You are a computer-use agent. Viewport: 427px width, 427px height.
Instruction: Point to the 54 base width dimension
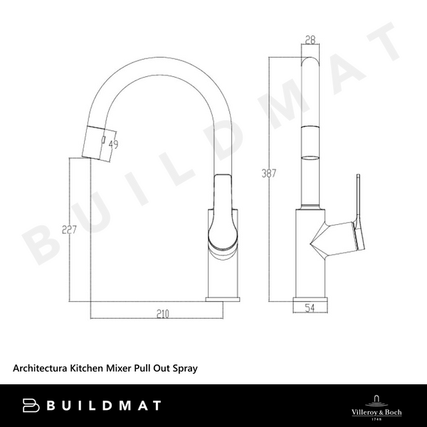(x=310, y=307)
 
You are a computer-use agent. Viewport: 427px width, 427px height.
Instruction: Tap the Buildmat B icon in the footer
(x=33, y=406)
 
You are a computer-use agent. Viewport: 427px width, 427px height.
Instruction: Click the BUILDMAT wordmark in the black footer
(x=103, y=406)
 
